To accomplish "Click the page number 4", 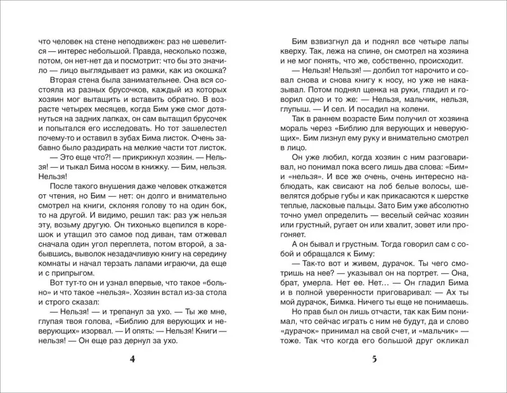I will tap(132, 360).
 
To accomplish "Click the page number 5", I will tap(374, 360).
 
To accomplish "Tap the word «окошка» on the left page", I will tap(213, 68).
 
